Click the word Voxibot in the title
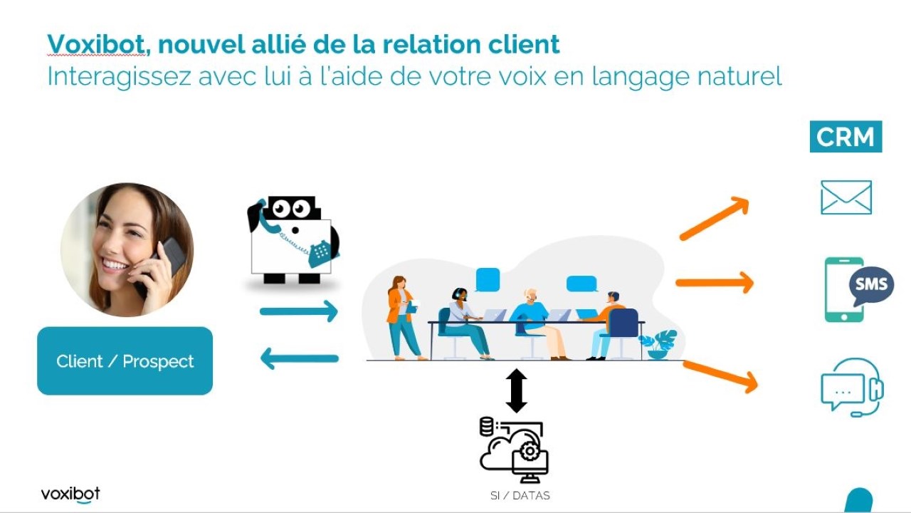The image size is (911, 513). [95, 44]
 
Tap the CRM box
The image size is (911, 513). [846, 136]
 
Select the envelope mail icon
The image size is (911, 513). [846, 197]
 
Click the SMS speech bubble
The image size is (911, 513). [871, 285]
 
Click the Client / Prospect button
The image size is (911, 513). [125, 361]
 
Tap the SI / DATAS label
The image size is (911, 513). [520, 495]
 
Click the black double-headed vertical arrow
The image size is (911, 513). [517, 391]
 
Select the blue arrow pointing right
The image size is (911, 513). [299, 311]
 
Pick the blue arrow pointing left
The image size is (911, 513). [300, 358]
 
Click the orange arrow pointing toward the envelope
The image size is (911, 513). [715, 218]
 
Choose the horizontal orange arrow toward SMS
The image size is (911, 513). [715, 283]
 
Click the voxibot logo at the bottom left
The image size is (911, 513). [70, 494]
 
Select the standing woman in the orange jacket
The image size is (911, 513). [403, 318]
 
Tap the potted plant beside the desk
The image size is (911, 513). [658, 344]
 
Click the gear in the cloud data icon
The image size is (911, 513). [529, 451]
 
